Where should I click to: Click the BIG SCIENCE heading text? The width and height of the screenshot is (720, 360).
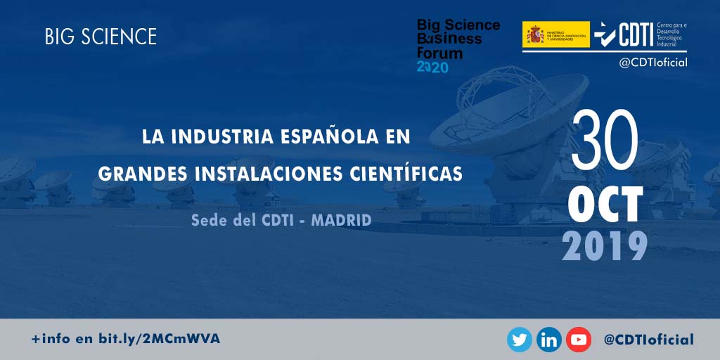point(101,37)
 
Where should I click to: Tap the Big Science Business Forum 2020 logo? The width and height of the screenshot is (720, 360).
point(458,46)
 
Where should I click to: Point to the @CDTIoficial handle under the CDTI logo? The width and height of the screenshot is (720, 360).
point(652,62)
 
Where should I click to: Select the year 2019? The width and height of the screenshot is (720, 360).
point(605,245)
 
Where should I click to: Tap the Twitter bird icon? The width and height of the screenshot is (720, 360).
point(520,340)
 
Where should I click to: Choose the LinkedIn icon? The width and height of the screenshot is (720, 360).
point(549,340)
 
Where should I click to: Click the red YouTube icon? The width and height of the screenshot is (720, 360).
point(579,340)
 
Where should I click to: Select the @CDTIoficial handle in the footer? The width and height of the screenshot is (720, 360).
point(648,340)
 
